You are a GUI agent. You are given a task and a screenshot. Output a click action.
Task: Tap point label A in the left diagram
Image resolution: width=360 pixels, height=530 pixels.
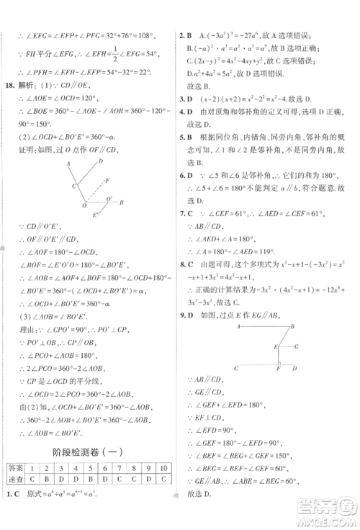pyautogui.click(x=68, y=164)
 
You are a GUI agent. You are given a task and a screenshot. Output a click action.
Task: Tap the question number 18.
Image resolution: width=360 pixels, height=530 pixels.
pyautogui.click(x=10, y=85)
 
